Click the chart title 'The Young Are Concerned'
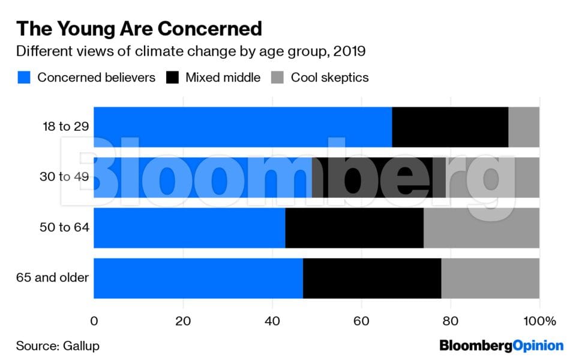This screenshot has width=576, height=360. (139, 29)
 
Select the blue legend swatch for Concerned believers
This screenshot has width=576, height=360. (23, 77)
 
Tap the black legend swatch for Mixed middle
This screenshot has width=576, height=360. (172, 77)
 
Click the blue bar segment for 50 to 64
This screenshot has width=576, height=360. (189, 228)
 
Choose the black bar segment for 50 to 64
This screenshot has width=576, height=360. (354, 228)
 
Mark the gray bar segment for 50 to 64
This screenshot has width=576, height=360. (481, 228)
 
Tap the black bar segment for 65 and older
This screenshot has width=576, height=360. (372, 278)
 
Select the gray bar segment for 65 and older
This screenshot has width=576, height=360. (490, 278)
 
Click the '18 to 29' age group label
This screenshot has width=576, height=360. (65, 127)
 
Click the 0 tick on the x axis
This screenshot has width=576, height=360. (94, 321)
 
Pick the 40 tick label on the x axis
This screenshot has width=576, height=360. (272, 321)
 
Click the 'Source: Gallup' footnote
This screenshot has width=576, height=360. (58, 346)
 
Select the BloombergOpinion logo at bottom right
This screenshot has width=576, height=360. (502, 346)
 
